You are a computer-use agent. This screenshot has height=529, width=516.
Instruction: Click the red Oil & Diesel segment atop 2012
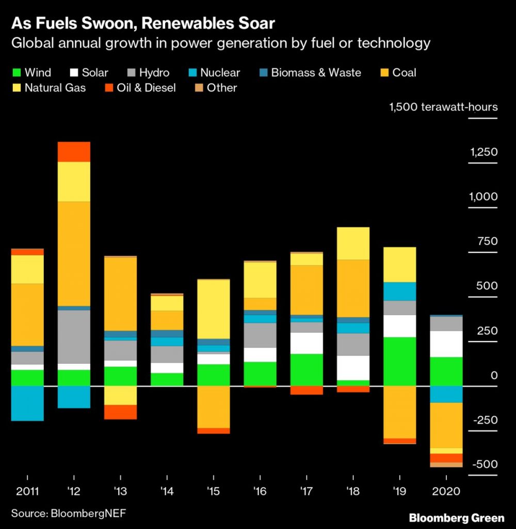(74, 152)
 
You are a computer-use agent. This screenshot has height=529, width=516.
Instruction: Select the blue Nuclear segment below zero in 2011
(27, 403)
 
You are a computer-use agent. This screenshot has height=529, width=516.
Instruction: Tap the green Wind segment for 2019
(400, 361)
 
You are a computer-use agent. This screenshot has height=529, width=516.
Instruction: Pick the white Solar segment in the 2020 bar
(447, 344)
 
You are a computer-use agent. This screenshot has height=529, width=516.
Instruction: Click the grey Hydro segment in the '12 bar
(74, 336)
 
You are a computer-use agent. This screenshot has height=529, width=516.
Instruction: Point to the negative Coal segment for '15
(214, 407)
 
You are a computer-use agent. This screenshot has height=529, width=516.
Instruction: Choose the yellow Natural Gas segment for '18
(353, 243)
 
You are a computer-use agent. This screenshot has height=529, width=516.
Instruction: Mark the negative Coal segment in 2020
(447, 425)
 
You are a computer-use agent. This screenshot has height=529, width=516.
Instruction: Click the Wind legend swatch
(16, 73)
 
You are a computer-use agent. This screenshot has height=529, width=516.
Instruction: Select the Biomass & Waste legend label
(316, 73)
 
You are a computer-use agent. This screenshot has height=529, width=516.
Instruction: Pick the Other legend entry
(215, 88)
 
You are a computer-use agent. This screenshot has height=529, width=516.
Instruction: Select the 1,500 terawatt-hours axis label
(443, 107)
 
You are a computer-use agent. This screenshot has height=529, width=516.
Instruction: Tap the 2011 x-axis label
(27, 490)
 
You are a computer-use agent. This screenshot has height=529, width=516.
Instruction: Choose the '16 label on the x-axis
(260, 490)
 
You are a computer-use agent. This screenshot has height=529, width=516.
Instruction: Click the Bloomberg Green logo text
(456, 518)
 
